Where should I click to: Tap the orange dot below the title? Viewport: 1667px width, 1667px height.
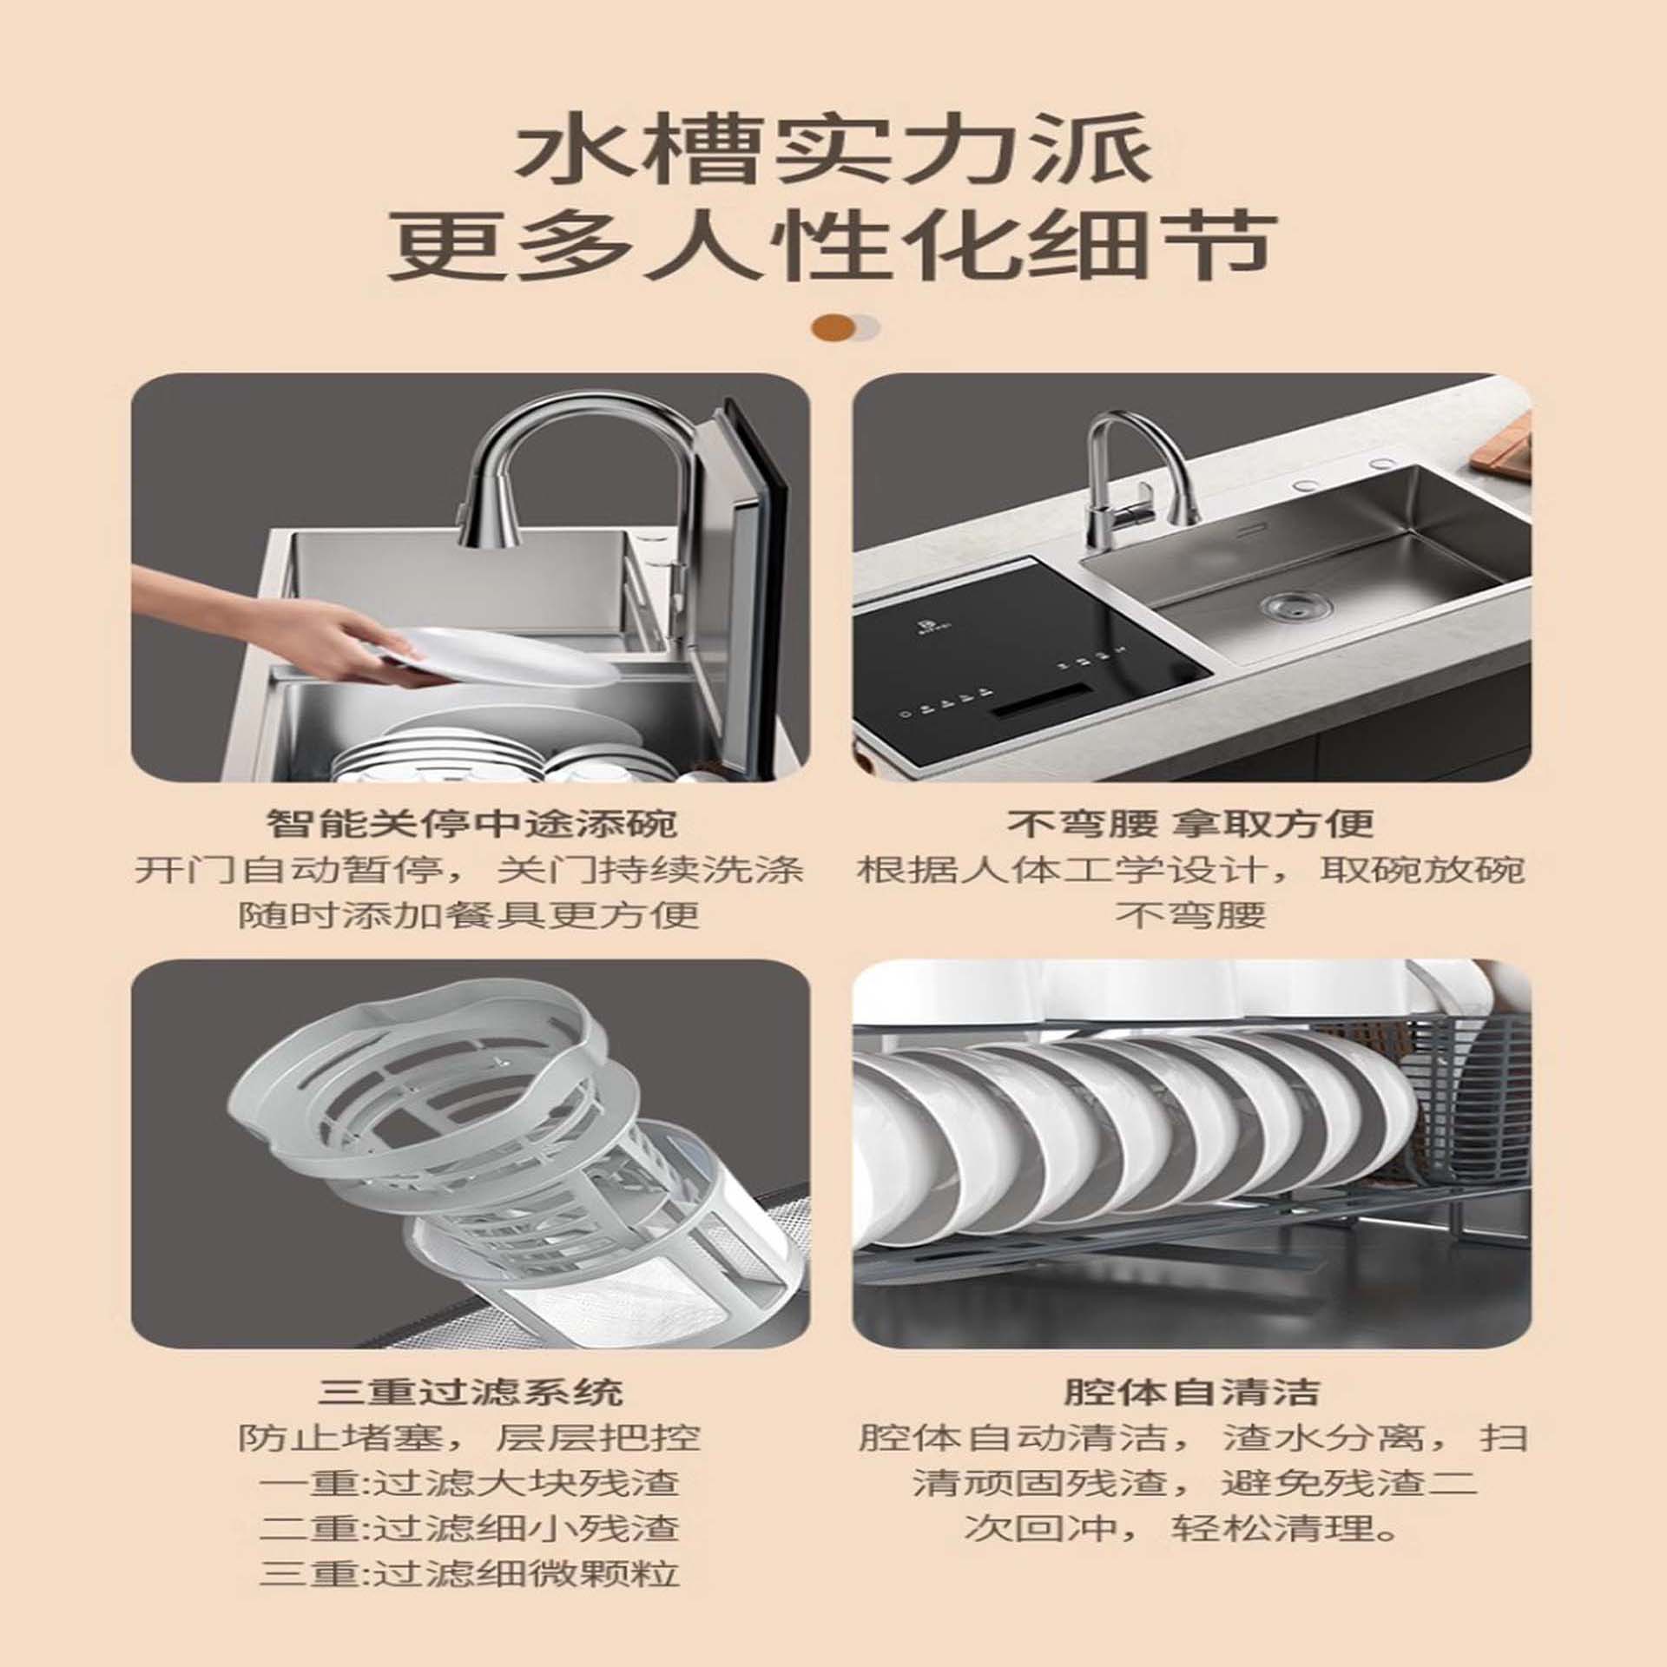pos(832,327)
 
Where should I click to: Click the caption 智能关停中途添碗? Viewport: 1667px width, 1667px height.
pos(471,823)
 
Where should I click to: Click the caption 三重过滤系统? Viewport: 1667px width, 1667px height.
pos(471,1392)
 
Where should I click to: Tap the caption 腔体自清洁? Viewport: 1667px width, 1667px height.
pos(1191,1392)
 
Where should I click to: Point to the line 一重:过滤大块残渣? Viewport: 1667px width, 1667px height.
pos(470,1482)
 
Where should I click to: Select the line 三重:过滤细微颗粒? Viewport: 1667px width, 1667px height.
pos(470,1572)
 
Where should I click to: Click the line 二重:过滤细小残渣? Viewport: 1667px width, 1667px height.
pos(470,1527)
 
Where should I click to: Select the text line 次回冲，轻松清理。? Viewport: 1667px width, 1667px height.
pos(1191,1527)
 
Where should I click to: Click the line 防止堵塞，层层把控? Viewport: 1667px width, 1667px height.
pos(470,1437)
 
